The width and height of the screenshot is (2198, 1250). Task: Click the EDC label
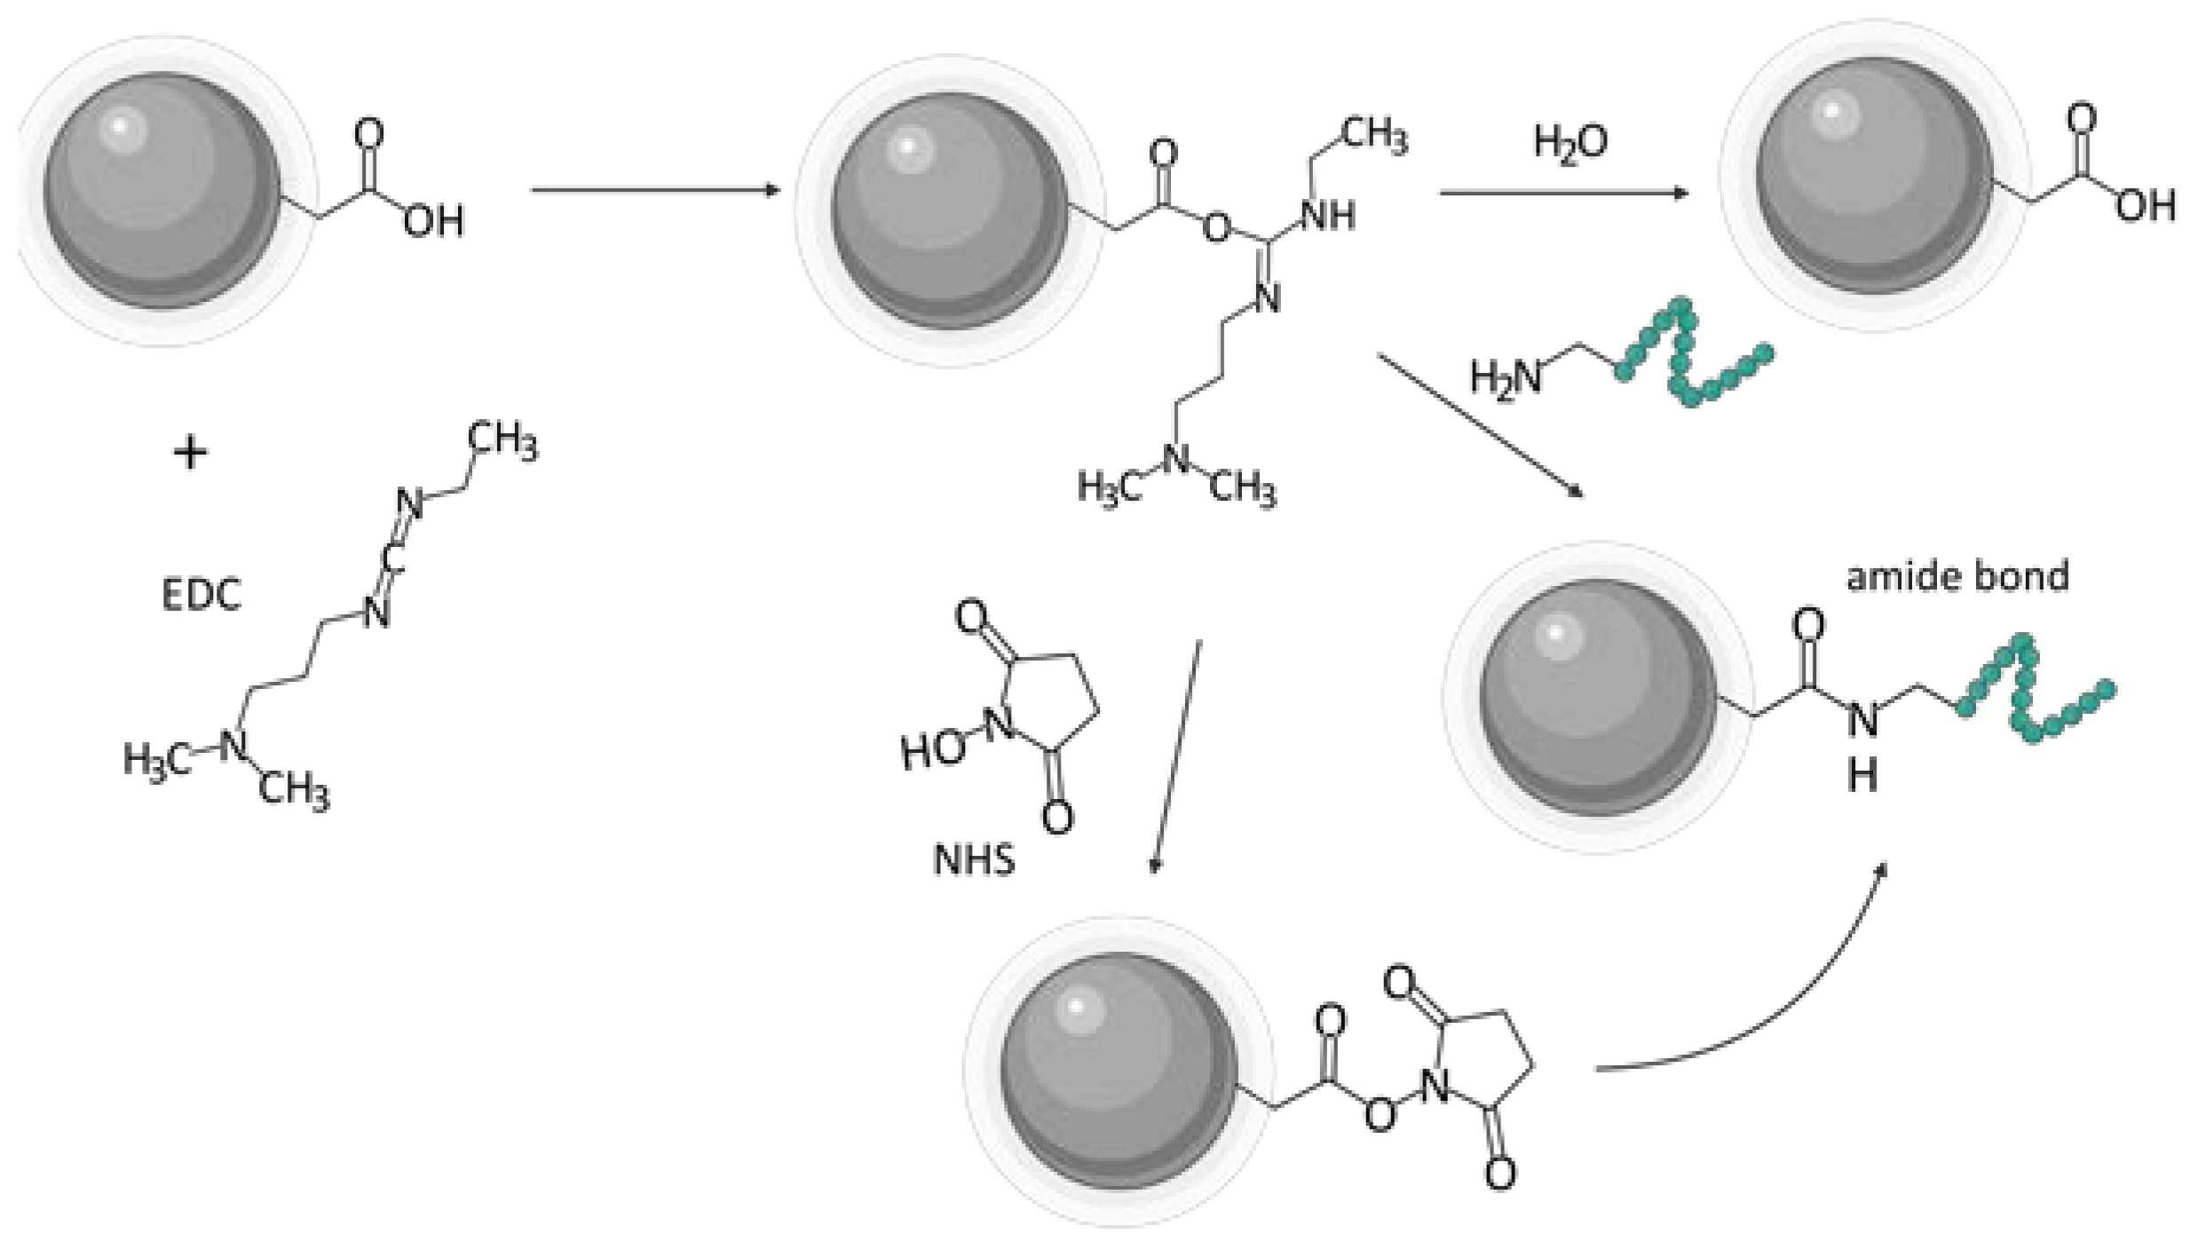(202, 595)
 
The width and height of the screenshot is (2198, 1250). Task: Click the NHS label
(974, 860)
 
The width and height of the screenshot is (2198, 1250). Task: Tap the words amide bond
(1957, 576)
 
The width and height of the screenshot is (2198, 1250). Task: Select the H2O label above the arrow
(1569, 142)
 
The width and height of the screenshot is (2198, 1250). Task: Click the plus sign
(190, 454)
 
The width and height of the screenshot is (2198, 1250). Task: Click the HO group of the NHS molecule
(932, 751)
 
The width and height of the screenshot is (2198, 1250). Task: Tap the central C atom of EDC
(392, 558)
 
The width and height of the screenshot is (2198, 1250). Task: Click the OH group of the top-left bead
(434, 222)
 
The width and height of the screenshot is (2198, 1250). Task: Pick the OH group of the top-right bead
(2145, 206)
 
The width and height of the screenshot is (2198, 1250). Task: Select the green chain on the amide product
(2033, 692)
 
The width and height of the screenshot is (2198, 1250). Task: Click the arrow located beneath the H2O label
(1562, 193)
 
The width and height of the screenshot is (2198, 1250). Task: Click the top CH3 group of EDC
(502, 441)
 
